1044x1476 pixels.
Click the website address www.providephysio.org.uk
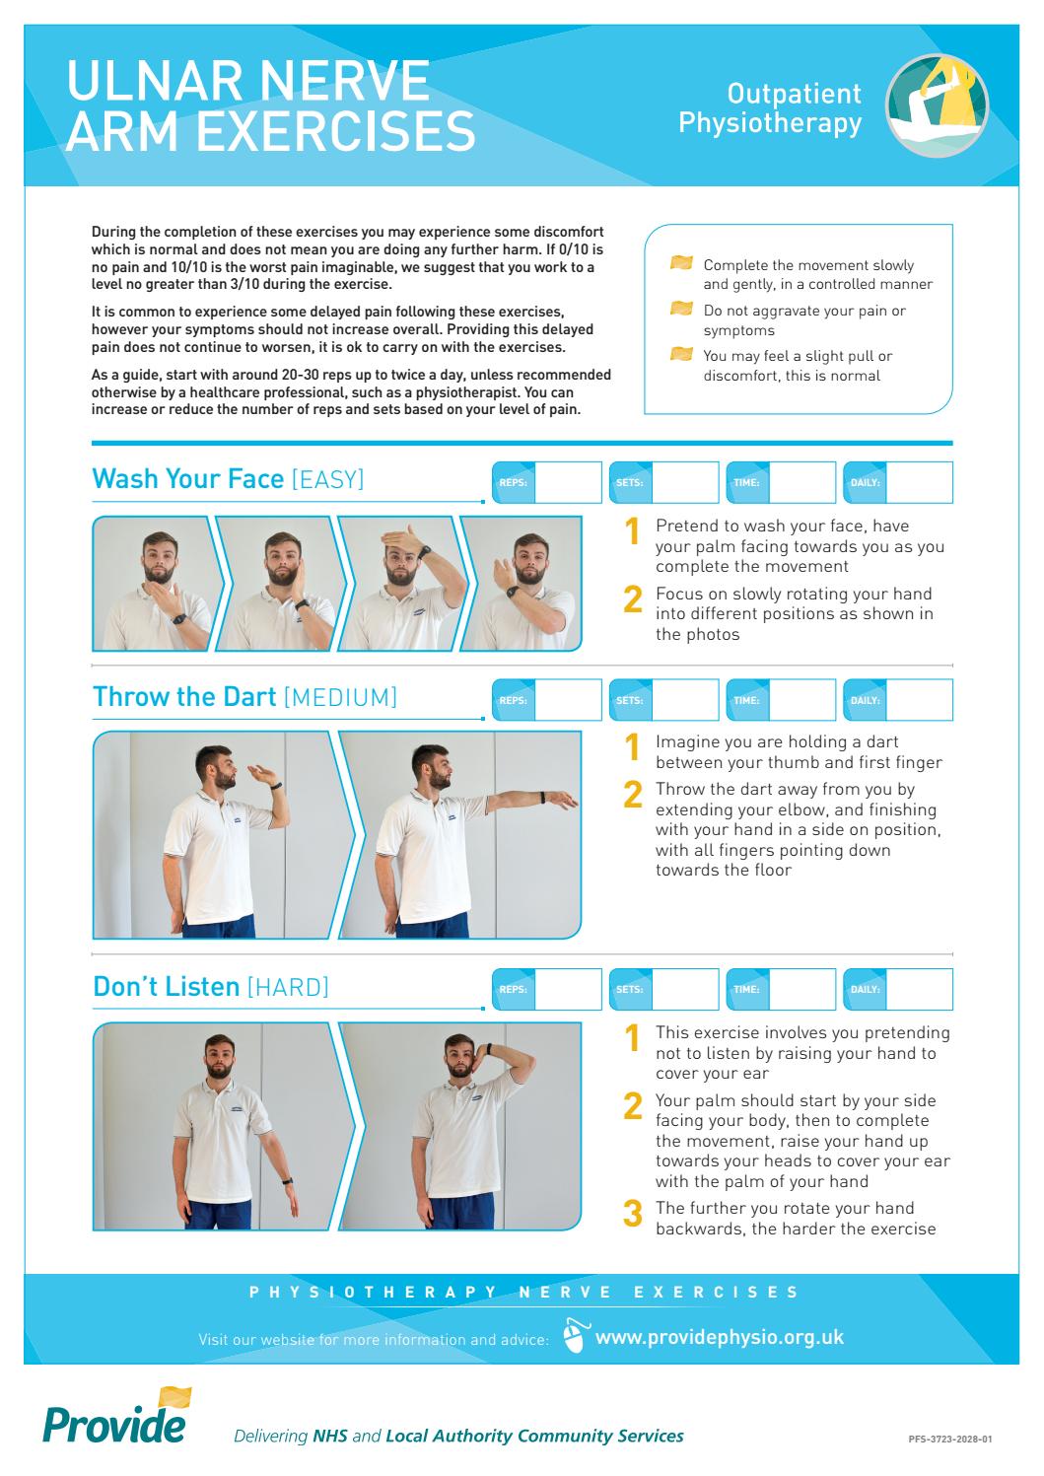(x=720, y=1337)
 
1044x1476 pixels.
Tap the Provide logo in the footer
(x=116, y=1417)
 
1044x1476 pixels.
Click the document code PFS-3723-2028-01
(x=949, y=1439)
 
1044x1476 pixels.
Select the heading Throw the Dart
(x=183, y=697)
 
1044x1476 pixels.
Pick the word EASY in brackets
(x=327, y=480)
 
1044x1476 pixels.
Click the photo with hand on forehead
(x=399, y=583)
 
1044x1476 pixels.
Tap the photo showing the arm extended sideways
(x=459, y=834)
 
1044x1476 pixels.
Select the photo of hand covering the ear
(x=459, y=1125)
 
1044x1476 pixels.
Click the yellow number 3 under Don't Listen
(x=633, y=1214)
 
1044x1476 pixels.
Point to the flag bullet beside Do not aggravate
(x=681, y=310)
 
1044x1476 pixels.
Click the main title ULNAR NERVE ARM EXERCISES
(x=270, y=106)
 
